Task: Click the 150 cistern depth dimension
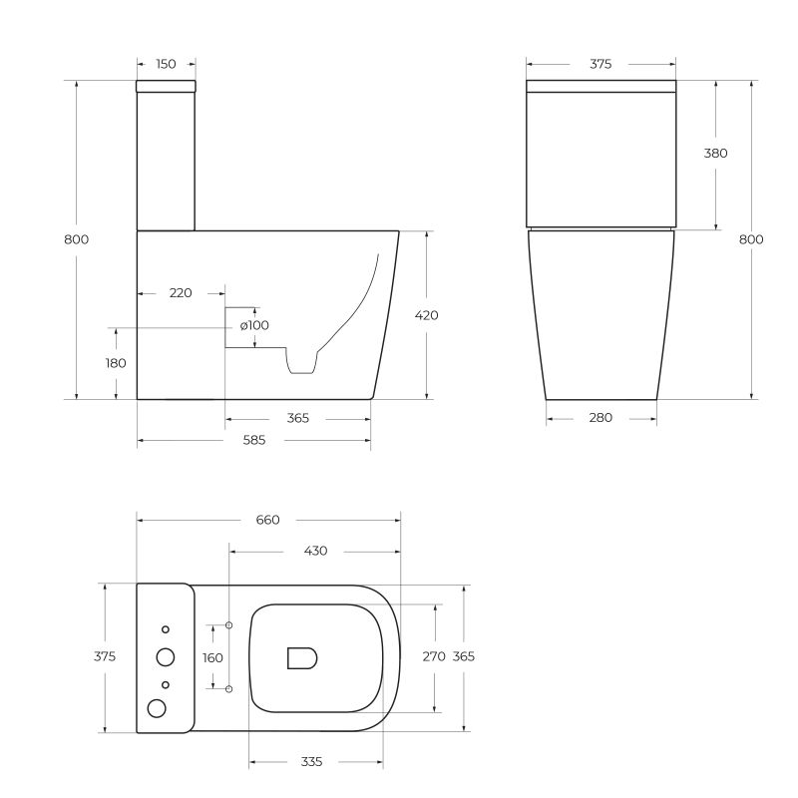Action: tap(166, 64)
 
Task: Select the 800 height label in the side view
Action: tap(77, 239)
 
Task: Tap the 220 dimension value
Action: tap(181, 293)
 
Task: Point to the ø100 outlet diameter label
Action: tap(254, 325)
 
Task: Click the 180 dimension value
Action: tap(116, 363)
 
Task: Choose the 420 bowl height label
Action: tap(426, 315)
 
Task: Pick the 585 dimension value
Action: tap(253, 441)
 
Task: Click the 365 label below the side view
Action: tap(297, 418)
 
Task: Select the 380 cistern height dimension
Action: tap(715, 154)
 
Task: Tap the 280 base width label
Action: tap(600, 418)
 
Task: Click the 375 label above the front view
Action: tap(600, 64)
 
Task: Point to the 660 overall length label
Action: tap(267, 520)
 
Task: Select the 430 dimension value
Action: tap(315, 551)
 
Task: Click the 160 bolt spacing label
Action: tap(212, 657)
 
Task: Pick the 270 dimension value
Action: tap(434, 656)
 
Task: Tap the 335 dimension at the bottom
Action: tap(311, 762)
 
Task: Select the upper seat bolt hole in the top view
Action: tap(229, 625)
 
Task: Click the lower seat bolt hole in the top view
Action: tap(229, 689)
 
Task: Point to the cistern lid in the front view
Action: tap(600, 87)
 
